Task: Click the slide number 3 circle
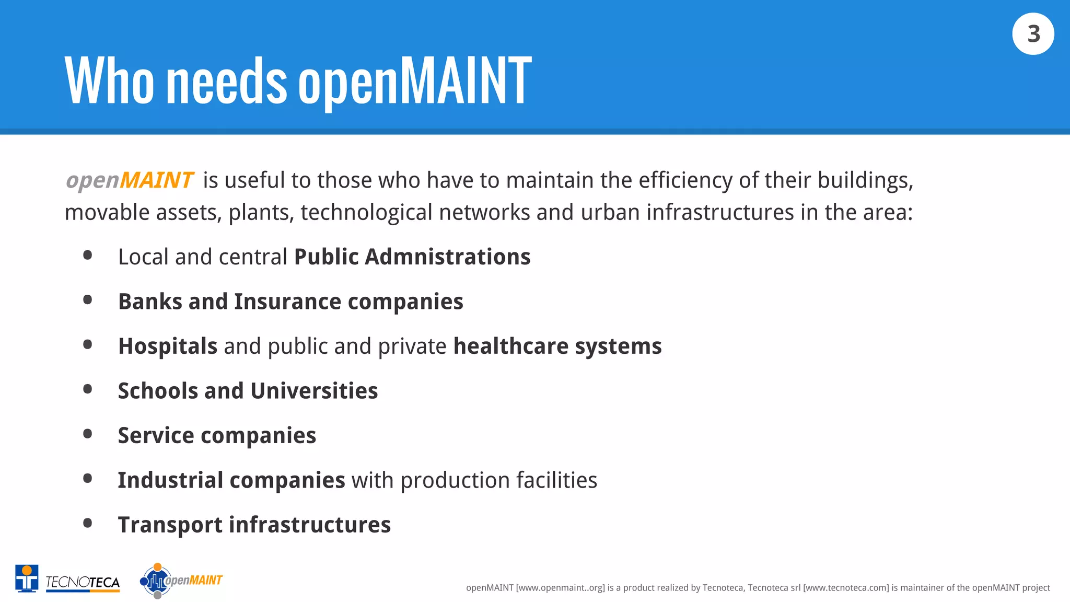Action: pyautogui.click(x=1033, y=34)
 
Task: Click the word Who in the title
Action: pyautogui.click(x=109, y=82)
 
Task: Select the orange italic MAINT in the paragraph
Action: pyautogui.click(x=157, y=180)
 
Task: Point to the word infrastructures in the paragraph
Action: pyautogui.click(x=720, y=213)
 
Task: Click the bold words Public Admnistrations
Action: pyautogui.click(x=412, y=257)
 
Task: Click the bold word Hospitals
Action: pyautogui.click(x=168, y=346)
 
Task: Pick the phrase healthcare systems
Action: pyautogui.click(x=557, y=346)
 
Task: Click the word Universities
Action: pyautogui.click(x=314, y=391)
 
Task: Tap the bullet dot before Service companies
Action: pyautogui.click(x=88, y=434)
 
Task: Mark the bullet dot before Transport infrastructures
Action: pyautogui.click(x=88, y=523)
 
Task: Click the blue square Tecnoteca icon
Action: pyautogui.click(x=27, y=578)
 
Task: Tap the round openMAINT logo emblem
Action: pyautogui.click(x=156, y=581)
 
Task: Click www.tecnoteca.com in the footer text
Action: pyautogui.click(x=846, y=588)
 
